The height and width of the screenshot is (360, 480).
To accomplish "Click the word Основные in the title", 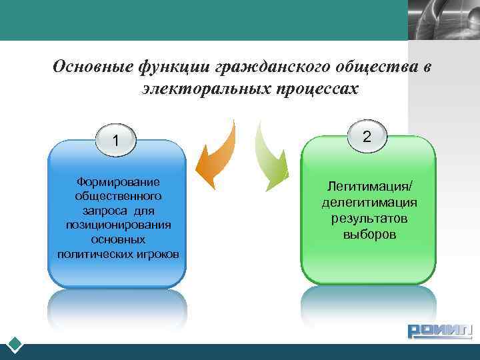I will pos(92,67).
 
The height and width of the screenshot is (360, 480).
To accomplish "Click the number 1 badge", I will pos(116,140).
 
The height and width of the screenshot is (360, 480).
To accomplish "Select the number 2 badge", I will pos(366,136).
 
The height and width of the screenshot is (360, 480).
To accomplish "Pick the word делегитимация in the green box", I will pos(369,203).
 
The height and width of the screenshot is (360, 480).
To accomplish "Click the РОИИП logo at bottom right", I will pos(439,330).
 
